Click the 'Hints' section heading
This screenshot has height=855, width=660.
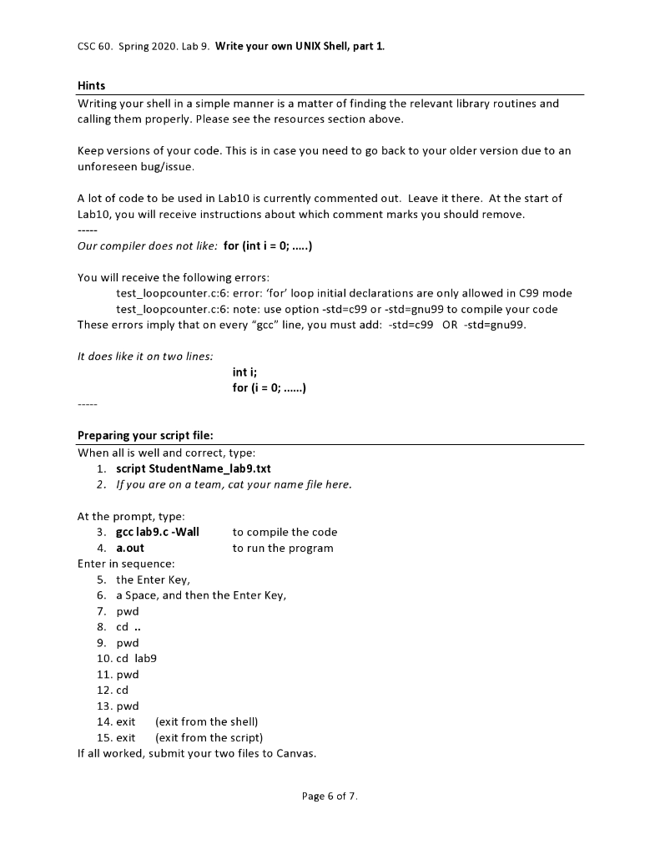tap(91, 86)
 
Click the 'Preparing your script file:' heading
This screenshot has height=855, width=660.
tap(146, 435)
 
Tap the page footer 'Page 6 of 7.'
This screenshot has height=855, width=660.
tap(330, 796)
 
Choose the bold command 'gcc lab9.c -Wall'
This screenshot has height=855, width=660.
tap(158, 532)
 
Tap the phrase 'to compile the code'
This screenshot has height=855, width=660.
tap(285, 532)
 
